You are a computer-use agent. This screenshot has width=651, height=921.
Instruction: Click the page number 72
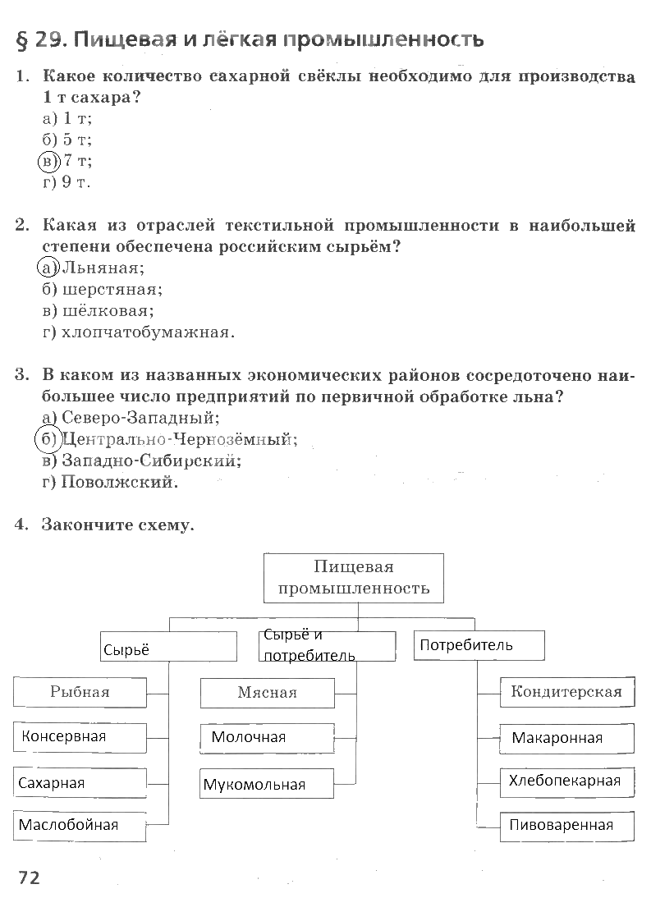coord(29,877)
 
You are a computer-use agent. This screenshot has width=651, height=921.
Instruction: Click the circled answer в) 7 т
coord(66,160)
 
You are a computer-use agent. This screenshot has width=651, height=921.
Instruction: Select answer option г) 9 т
coord(66,182)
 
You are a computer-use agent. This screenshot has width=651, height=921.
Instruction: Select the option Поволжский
coord(110,482)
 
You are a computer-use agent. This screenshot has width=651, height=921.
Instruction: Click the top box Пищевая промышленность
coord(354,578)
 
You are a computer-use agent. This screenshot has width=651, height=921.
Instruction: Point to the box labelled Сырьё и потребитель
coord(328,645)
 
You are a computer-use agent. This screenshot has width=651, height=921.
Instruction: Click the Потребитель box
coord(479,645)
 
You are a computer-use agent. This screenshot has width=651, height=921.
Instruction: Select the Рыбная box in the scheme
coord(80,692)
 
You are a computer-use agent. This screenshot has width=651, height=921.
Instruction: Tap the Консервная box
coord(80,737)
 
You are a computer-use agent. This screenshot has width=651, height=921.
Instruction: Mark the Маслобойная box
coord(80,825)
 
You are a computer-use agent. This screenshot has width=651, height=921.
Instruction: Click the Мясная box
coord(267,693)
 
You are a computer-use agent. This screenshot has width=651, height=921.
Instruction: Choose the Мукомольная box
coord(267,784)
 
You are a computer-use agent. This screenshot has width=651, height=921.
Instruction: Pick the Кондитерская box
coord(566,692)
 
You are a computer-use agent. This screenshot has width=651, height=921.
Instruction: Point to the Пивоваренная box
coord(566,826)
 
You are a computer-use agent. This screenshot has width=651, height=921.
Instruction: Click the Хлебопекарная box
coord(566,781)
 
